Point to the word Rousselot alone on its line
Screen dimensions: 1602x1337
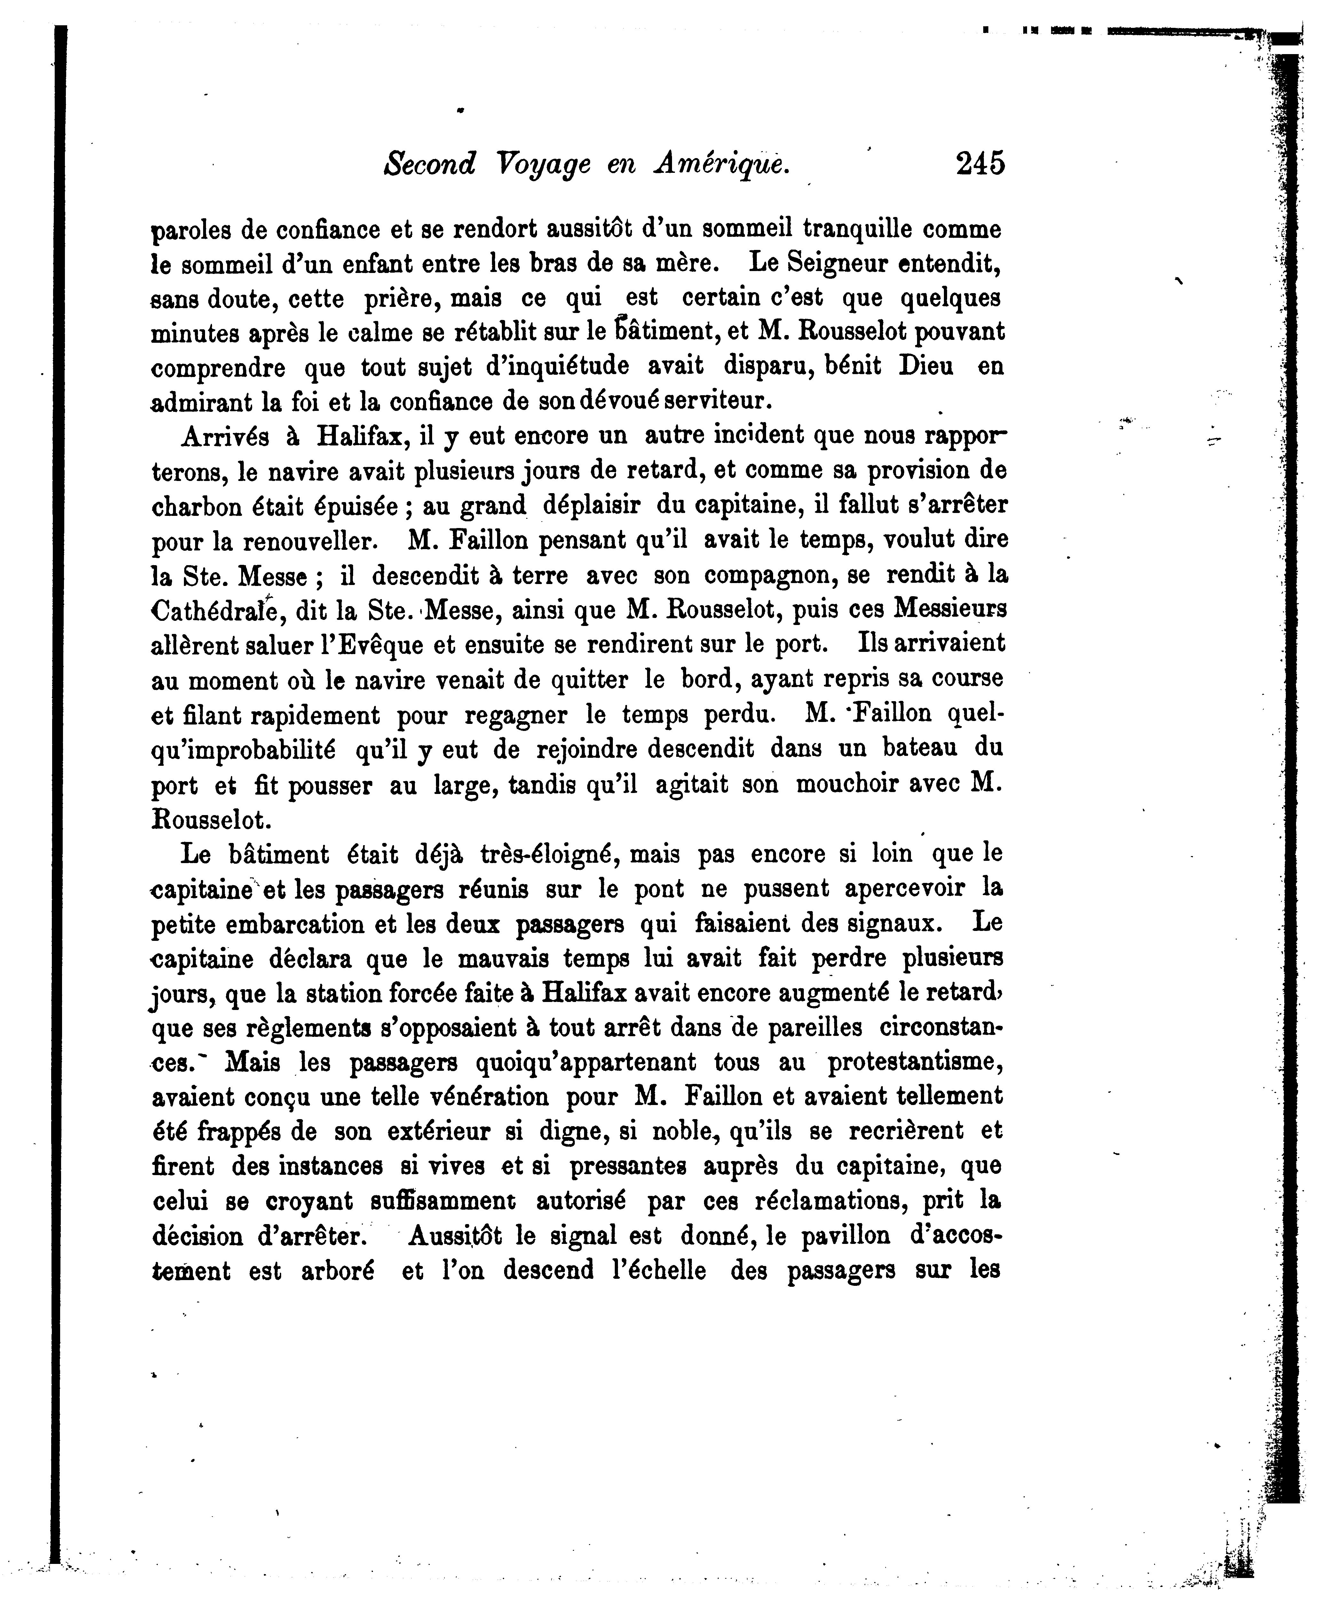coord(210,819)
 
